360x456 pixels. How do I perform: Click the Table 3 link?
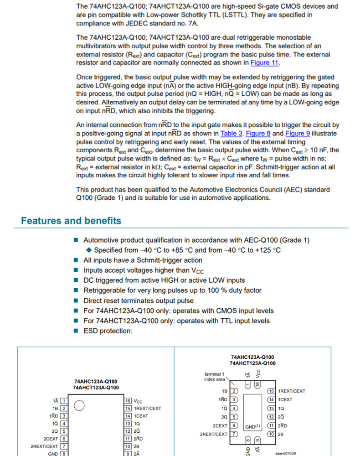click(x=231, y=133)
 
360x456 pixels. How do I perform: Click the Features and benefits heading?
click(x=71, y=221)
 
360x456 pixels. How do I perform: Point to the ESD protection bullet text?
click(x=108, y=331)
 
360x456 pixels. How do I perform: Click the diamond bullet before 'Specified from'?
click(x=89, y=250)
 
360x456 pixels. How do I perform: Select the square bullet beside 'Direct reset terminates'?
click(x=76, y=301)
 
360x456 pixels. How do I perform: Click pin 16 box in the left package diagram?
click(x=128, y=401)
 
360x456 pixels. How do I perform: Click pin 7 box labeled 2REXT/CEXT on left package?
click(x=64, y=446)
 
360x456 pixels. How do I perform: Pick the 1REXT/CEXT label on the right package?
click(x=292, y=391)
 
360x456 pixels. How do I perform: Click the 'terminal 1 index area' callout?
click(x=214, y=377)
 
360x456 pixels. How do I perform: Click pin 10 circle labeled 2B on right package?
click(x=271, y=434)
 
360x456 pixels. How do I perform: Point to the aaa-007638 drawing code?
click(x=286, y=453)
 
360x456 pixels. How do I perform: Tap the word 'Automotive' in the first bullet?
click(x=102, y=240)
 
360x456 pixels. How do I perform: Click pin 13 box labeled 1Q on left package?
click(x=128, y=424)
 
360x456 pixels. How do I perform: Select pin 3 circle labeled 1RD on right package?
click(x=234, y=399)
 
